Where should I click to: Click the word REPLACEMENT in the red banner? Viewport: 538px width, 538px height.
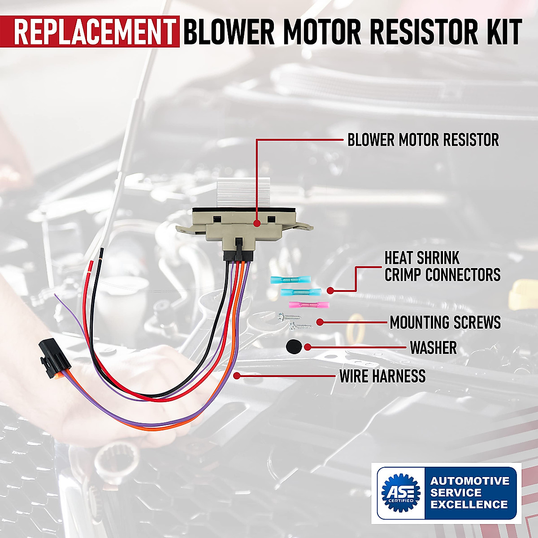[94, 31]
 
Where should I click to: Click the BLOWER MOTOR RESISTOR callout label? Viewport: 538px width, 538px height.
[423, 140]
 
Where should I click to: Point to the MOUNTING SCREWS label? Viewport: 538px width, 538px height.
[445, 322]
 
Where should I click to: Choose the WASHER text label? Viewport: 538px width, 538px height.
[433, 347]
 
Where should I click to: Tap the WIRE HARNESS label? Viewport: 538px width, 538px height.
[382, 376]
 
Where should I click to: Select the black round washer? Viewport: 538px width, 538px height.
[293, 347]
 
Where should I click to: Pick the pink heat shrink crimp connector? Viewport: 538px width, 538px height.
[309, 305]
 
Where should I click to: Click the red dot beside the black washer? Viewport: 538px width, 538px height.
[308, 347]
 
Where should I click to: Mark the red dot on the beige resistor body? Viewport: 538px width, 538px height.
[256, 223]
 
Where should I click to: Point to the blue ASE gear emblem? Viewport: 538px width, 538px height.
[400, 492]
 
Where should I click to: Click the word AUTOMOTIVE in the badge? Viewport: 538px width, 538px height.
[469, 481]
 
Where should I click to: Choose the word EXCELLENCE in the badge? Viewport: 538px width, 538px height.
[469, 504]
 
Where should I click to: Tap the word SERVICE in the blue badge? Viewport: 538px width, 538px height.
[456, 492]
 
